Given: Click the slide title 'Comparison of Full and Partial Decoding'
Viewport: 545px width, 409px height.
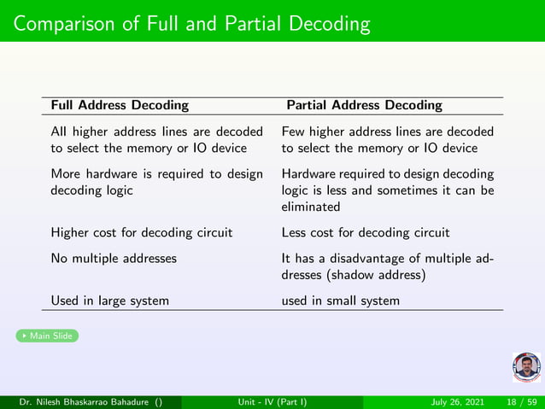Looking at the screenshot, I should point(191,23).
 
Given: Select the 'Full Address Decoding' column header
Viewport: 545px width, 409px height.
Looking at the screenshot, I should point(120,105).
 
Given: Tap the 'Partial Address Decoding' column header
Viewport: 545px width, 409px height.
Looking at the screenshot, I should point(364,105).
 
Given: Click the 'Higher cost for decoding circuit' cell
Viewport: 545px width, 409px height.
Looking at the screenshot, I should point(142,232).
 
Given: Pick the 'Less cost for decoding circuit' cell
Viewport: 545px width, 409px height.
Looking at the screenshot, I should point(366,232).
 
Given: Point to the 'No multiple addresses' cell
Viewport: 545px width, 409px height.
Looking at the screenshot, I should point(114,257).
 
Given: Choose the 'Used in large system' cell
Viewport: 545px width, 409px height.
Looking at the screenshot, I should point(109,301).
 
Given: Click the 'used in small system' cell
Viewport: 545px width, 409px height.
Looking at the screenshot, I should point(340,301).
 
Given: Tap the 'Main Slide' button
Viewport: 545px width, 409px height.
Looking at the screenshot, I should point(48,336).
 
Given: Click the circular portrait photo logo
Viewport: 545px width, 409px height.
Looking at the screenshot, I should point(526,366).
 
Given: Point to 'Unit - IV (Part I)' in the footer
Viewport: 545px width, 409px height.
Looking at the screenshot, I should point(272,401).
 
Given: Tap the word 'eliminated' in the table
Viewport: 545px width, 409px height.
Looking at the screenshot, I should point(310,207).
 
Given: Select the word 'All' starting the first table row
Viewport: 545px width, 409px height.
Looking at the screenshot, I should point(58,132).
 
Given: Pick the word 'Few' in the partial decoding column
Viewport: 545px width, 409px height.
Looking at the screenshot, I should point(293,132).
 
